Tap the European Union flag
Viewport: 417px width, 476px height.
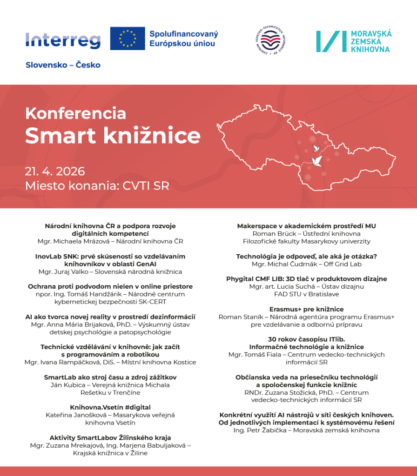[128, 39]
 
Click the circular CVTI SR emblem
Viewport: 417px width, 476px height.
[271, 41]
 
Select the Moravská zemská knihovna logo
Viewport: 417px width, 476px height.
[354, 41]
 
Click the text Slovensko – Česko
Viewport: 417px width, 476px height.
[63, 65]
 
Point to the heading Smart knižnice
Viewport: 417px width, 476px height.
[113, 135]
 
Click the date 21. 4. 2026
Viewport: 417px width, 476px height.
[55, 171]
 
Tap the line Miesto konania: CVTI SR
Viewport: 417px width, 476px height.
[97, 186]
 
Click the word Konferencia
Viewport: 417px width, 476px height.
[75, 113]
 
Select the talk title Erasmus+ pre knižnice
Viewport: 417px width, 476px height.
[306, 309]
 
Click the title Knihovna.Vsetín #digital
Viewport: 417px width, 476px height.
[110, 407]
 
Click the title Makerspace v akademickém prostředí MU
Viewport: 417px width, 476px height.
[306, 226]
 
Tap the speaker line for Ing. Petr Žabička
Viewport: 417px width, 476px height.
[306, 430]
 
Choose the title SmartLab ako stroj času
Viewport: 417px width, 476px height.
[110, 377]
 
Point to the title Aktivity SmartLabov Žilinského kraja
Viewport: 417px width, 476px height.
[110, 437]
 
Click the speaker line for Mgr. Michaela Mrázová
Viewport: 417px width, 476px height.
[110, 241]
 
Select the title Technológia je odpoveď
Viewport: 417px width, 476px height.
[306, 256]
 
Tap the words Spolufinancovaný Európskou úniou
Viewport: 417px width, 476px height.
[184, 39]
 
